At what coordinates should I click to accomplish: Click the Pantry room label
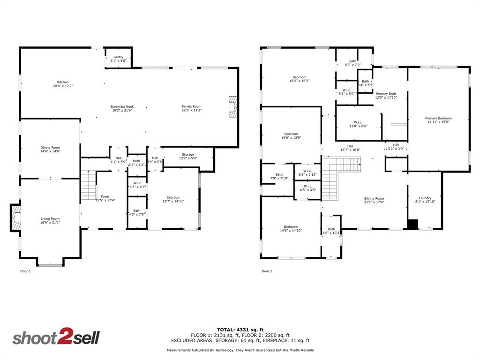(118, 59)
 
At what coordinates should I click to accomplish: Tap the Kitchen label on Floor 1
(63, 84)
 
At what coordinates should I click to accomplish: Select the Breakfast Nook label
(122, 108)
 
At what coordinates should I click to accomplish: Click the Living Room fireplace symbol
(15, 218)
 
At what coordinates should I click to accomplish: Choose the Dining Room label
(50, 150)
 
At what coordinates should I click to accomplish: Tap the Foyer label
(105, 198)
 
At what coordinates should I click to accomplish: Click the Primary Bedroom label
(438, 120)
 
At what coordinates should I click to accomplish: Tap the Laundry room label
(425, 200)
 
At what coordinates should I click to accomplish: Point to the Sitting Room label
(374, 200)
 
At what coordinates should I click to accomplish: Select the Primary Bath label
(386, 96)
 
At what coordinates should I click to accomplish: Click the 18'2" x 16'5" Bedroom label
(300, 79)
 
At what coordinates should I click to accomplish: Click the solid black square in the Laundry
(412, 225)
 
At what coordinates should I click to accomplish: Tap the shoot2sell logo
(56, 338)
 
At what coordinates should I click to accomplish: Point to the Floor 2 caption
(267, 271)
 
